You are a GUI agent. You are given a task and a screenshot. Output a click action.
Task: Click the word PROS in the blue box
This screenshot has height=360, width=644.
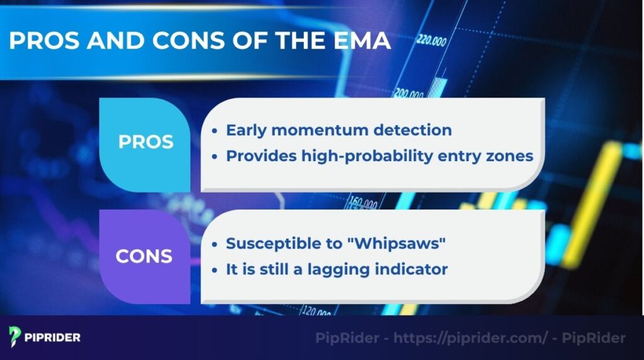(145, 142)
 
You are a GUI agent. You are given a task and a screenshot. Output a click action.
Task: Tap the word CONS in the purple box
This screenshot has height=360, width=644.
(143, 256)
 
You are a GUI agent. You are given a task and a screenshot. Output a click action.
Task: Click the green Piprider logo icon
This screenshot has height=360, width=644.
(15, 337)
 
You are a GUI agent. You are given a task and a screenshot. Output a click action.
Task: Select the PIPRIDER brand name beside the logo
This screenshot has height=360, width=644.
(53, 337)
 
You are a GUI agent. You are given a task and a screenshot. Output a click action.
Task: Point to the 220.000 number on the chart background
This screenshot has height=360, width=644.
(431, 43)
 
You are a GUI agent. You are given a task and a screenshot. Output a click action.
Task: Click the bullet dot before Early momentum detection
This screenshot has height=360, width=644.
(215, 131)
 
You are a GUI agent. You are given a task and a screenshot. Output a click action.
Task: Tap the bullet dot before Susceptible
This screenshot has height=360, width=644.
(215, 244)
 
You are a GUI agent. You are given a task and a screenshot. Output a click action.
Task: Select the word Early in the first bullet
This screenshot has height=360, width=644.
(247, 130)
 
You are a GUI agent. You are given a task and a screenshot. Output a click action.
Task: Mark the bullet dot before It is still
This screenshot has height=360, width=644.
(215, 270)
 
